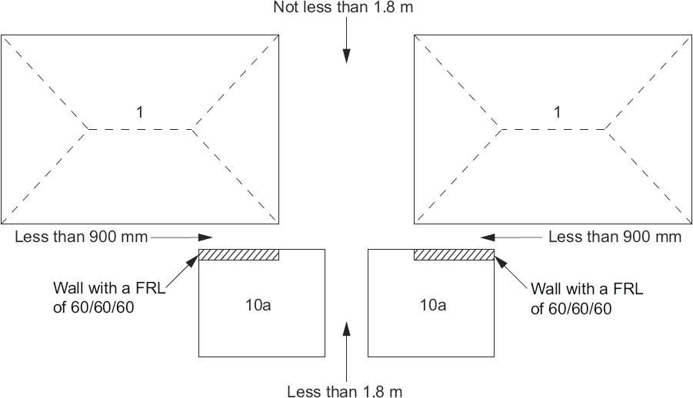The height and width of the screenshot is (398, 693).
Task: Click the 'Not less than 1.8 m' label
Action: pos(345,8)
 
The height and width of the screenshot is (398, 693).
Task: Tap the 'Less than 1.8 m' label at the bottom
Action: pos(345,391)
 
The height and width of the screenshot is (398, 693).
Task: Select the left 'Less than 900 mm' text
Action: pos(81,237)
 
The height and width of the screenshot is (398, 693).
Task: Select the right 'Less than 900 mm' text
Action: pos(615,237)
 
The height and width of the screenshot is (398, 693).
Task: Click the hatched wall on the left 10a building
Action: pos(238,255)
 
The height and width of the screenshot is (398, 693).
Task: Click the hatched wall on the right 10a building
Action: pos(454,255)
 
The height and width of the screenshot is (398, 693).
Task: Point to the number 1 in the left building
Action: pos(139,112)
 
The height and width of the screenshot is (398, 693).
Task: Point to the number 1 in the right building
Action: pos(558,112)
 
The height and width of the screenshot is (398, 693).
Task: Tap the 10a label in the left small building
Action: pos(260,305)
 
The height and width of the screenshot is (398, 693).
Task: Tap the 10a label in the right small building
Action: pos(432,305)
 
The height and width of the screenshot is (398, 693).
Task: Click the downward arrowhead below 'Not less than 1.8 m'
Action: pos(346,55)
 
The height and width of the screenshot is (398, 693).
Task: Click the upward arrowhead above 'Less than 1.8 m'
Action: pos(346,329)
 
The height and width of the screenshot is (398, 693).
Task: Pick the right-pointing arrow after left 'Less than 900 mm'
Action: pos(205,237)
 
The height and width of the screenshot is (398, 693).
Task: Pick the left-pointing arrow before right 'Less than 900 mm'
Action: pos(488,237)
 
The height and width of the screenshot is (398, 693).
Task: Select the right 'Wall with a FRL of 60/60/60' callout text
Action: pos(586,298)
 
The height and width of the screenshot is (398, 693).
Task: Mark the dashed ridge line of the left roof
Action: pos(139,129)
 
